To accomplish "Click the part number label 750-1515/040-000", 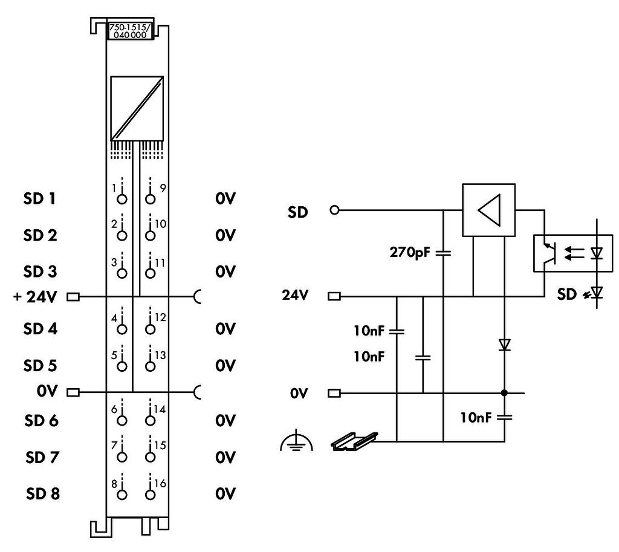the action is [130, 31].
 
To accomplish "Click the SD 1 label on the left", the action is [39, 198].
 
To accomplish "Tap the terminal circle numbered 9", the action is [150, 199].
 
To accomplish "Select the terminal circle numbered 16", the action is [150, 495].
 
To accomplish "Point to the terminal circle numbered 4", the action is [122, 329].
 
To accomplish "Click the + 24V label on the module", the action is [35, 296].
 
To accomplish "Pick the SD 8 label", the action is [43, 493].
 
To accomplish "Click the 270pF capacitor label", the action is [410, 252].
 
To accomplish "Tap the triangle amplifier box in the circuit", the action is [488, 210].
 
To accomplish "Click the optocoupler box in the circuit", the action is [573, 253].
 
